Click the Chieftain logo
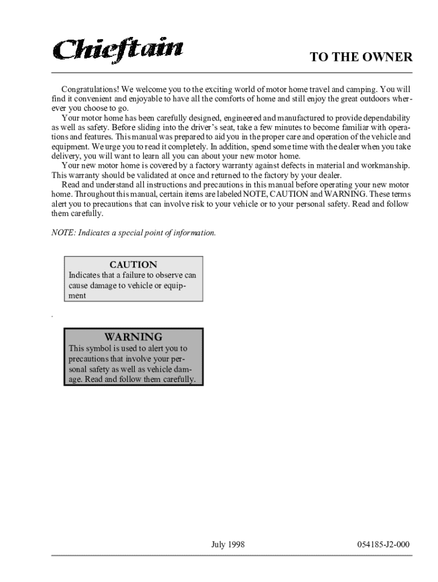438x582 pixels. coord(118,49)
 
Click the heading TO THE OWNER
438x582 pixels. coord(361,57)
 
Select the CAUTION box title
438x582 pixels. coord(133,265)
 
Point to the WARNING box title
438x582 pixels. coord(133,337)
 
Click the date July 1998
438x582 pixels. coord(228,544)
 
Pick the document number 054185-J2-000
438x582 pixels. coord(383,544)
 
